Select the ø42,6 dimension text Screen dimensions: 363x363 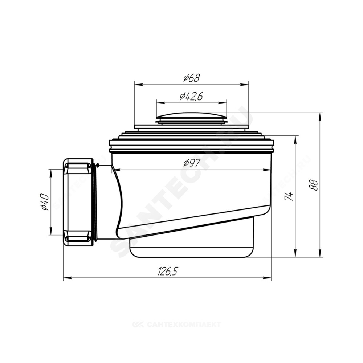click(x=191, y=96)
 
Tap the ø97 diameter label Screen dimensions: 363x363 click(x=191, y=163)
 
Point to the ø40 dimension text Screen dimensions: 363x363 click(x=44, y=202)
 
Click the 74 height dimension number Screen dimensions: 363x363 click(x=289, y=196)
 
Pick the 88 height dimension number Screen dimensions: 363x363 click(x=314, y=185)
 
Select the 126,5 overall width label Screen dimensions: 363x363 click(x=168, y=271)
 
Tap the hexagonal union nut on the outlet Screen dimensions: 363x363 click(x=78, y=201)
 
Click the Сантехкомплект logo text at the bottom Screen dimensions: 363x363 click(x=176, y=324)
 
